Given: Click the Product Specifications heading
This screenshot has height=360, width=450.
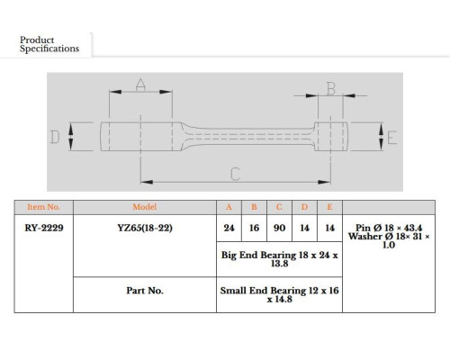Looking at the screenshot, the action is (x=49, y=44).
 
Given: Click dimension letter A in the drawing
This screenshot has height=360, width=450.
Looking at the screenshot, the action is (x=140, y=85).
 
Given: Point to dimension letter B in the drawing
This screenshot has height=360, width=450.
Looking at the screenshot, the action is (x=331, y=88).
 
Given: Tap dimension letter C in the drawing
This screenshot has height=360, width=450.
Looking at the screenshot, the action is (x=236, y=174).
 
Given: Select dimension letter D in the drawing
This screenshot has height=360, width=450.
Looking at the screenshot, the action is (x=55, y=137).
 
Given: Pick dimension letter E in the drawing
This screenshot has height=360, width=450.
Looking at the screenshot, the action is (x=392, y=138).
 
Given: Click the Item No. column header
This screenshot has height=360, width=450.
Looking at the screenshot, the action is (x=44, y=207).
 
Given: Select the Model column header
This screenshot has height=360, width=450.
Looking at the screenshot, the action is (x=145, y=207).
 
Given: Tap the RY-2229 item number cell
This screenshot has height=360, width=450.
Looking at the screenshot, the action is (x=44, y=228).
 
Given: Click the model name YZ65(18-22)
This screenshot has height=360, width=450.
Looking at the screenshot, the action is (x=145, y=228).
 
